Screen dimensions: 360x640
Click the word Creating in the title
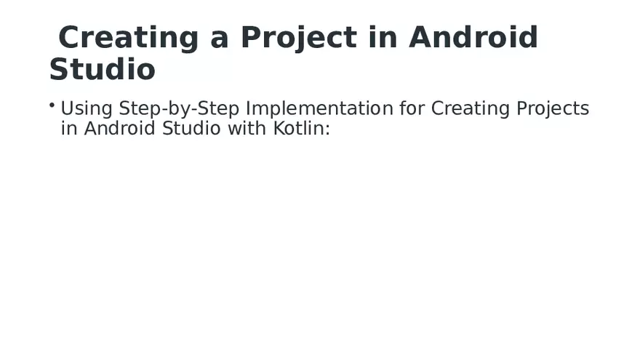129,38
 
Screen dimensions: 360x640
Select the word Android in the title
473,38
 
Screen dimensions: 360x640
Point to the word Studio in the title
102,71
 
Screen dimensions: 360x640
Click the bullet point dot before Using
52,106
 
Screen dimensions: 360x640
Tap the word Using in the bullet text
87,109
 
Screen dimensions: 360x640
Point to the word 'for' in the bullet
412,109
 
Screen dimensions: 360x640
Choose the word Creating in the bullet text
471,109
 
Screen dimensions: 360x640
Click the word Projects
553,109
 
